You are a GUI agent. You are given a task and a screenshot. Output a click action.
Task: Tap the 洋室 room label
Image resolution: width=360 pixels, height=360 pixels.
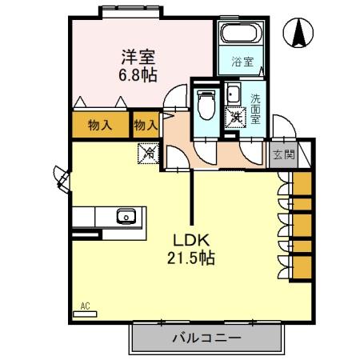pos(137,57)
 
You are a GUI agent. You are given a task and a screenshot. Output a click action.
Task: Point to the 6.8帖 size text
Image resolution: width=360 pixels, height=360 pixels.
pos(137,74)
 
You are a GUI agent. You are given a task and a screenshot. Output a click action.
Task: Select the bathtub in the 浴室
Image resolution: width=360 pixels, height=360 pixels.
pos(241,34)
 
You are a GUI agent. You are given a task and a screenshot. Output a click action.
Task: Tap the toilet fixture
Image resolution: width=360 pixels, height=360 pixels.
pos(205,104)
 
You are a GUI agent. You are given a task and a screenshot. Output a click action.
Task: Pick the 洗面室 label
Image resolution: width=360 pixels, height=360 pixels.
pos(255,108)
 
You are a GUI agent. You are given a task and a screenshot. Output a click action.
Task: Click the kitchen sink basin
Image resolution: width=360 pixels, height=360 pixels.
pos(126,216)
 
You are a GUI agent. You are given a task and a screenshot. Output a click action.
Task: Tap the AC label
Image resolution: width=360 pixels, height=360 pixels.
pos(85,305)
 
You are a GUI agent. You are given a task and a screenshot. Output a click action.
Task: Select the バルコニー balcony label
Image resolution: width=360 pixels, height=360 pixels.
pos(206,338)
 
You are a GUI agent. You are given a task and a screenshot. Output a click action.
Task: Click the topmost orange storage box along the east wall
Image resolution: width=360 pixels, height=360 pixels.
pos(301,182)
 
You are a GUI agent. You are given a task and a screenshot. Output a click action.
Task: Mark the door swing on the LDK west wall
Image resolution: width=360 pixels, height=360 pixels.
pos(61,178)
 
